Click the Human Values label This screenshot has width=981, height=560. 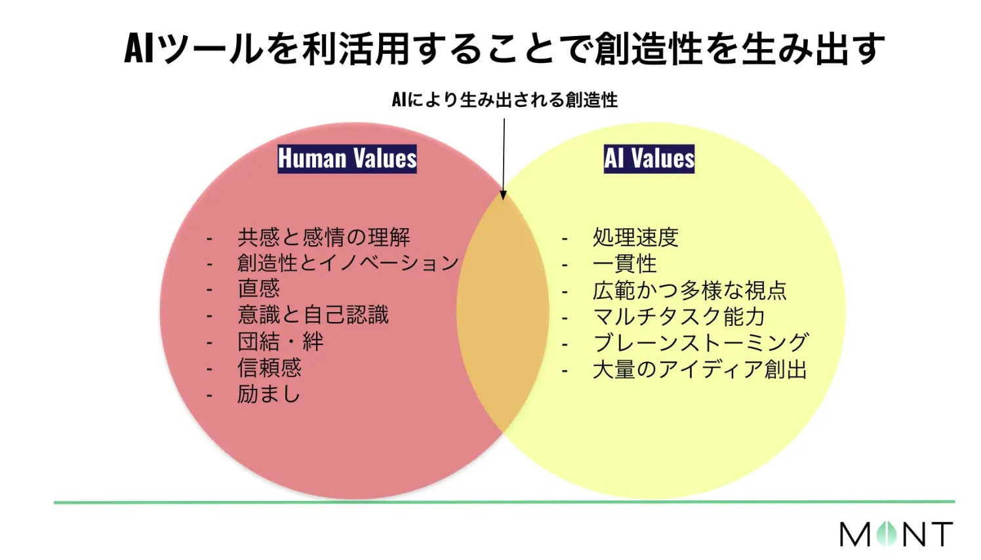347,159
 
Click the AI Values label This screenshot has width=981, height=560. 649,159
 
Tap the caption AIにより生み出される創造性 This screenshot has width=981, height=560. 504,100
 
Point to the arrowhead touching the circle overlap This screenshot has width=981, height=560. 504,195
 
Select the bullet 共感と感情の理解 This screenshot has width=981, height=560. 323,237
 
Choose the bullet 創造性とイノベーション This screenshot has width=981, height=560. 348,263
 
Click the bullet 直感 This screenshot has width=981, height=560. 258,289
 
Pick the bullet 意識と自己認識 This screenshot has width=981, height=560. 313,315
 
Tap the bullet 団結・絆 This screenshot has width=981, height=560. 280,342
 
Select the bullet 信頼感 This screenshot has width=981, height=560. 269,368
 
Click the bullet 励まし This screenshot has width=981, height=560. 268,394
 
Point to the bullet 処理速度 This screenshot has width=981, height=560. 635,237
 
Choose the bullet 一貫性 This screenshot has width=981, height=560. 624,264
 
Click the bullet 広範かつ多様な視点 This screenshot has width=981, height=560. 689,290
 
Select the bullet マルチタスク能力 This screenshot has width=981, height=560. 679,317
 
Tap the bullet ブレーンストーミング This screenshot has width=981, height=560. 700,343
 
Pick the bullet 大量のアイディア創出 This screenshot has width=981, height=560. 700,370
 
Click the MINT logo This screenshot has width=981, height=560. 896,534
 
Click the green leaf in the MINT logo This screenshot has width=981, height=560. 887,534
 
